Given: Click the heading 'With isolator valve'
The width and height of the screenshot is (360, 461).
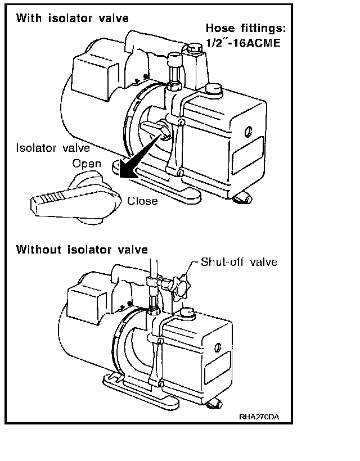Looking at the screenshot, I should pos(72,18).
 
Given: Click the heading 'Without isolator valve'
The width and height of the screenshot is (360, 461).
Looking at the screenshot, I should pos(82,249).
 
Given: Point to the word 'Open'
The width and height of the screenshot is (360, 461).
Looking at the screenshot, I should pos(87,164).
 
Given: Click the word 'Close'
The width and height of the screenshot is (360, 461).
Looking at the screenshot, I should pos(142,201).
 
